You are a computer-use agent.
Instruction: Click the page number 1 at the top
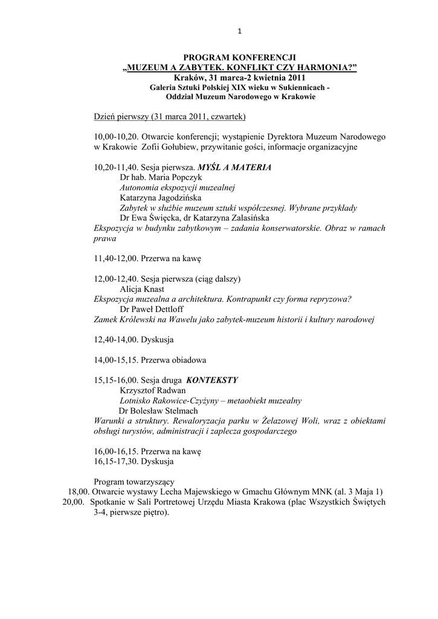239,31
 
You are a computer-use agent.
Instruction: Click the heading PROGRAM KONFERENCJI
240,57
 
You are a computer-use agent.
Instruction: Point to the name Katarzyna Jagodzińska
161,198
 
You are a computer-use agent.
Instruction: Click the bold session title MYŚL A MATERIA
239,167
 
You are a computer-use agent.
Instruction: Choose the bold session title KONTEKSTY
212,380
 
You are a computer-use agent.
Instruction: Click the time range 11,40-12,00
115,258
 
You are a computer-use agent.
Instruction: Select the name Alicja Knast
142,289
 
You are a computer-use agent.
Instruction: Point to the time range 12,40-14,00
115,340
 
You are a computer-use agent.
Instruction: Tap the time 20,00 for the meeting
74,502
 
